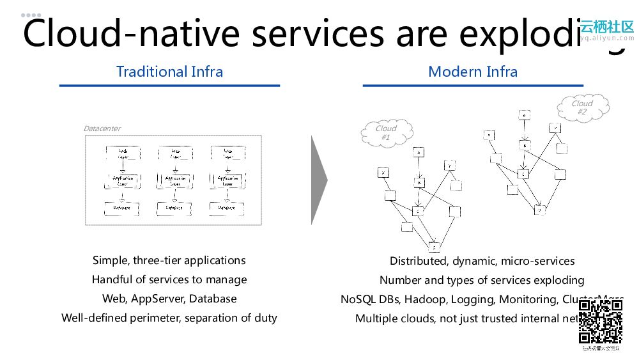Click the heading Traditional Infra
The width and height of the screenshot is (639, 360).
169,72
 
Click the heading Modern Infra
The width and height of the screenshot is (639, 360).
473,72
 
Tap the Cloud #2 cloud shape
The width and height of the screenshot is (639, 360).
582,107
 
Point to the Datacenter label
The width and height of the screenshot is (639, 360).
102,129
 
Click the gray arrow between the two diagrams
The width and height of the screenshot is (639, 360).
319,180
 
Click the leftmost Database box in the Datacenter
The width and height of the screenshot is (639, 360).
121,208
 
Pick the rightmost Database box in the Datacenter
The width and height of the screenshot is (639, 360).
227,208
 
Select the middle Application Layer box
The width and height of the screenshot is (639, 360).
174,181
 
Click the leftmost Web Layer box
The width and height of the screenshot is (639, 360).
121,153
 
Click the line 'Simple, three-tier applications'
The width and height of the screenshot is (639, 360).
169,260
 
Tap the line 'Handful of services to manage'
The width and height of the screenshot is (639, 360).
169,279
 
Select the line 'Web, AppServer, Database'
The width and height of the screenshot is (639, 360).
169,299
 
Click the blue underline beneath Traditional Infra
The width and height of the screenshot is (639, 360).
169,85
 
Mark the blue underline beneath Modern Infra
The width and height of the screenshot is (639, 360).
473,85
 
